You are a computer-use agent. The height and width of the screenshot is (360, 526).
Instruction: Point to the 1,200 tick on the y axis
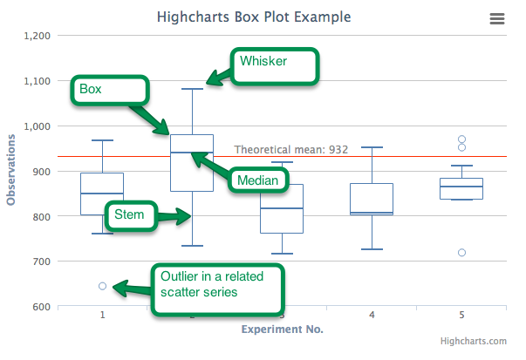tap(37, 36)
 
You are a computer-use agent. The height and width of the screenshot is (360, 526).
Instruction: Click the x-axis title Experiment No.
tap(282, 329)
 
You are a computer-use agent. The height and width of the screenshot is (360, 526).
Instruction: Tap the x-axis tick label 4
tap(372, 314)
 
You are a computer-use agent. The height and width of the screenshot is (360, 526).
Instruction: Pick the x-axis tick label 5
tap(461, 314)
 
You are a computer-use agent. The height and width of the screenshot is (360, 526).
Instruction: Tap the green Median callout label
tap(258, 180)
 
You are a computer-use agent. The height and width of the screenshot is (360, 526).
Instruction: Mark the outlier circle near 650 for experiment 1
tap(102, 286)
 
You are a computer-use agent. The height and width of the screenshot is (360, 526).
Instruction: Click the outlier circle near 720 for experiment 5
tap(461, 253)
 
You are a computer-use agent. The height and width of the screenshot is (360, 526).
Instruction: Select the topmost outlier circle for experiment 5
tap(461, 139)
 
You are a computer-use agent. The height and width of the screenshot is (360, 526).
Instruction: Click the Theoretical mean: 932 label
tap(290, 150)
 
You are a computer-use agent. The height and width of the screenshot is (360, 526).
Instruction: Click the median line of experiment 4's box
tap(372, 213)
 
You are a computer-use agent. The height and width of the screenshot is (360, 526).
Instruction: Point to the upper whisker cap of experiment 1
tap(102, 140)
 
